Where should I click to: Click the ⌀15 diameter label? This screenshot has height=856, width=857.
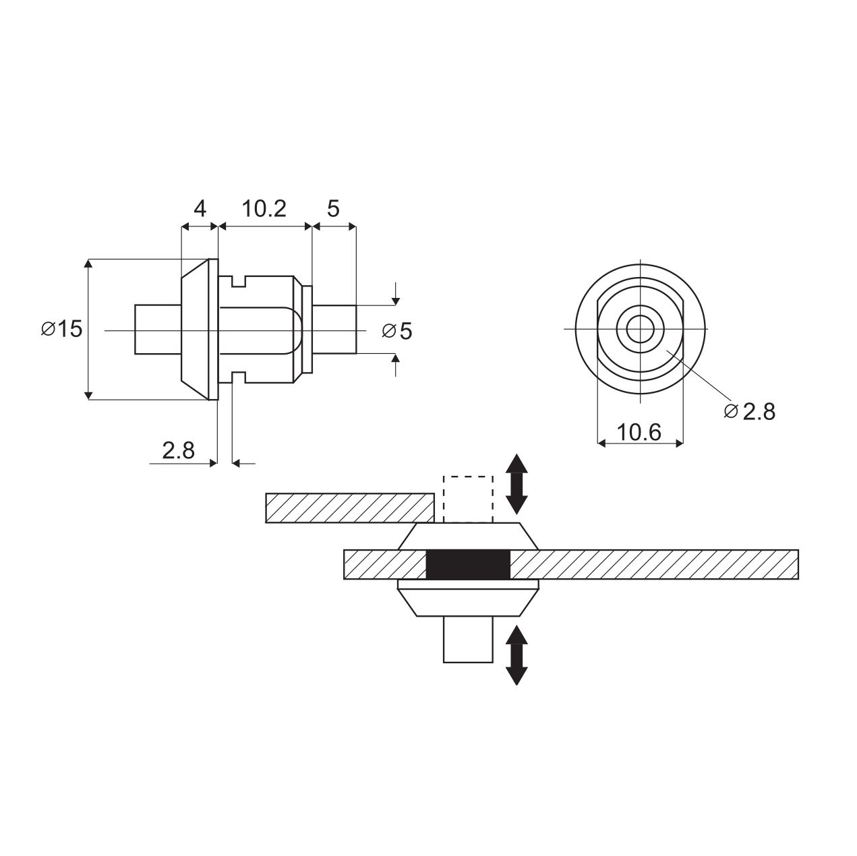click(62, 329)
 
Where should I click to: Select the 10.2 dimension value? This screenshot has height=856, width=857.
click(264, 208)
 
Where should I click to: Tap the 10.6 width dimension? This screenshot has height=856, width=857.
click(639, 432)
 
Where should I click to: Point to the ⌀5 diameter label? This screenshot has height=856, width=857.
click(397, 331)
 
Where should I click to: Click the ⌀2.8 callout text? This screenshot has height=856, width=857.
click(749, 412)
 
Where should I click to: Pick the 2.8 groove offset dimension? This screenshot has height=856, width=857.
click(178, 450)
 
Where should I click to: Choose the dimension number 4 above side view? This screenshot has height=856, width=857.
click(200, 208)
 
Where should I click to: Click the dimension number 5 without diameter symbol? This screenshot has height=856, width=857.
click(333, 208)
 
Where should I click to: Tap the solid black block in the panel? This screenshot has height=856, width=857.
click(468, 564)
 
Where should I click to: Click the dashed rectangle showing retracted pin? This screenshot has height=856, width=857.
click(468, 499)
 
